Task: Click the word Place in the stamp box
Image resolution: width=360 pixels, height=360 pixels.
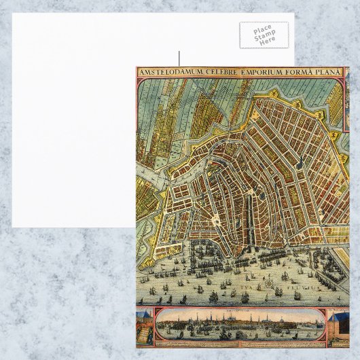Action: [264, 30]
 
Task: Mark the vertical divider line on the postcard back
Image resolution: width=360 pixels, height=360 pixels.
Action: [179, 58]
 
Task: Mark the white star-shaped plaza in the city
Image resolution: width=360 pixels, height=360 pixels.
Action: [215, 221]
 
